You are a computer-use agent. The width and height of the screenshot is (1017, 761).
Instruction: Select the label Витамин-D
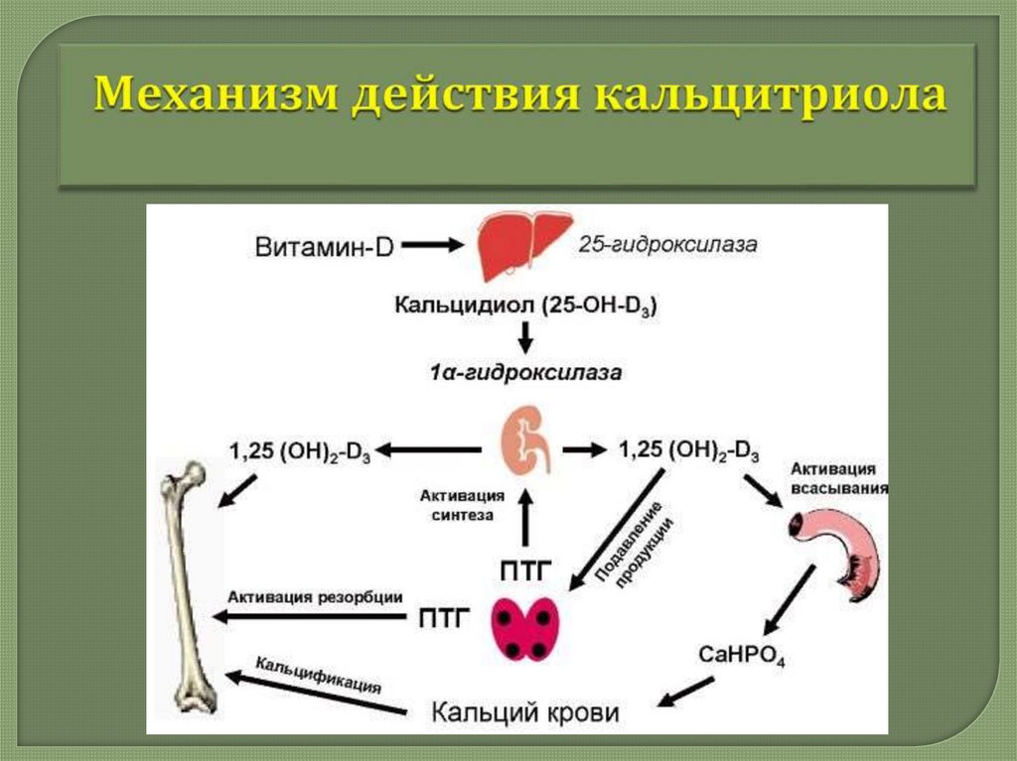(x=324, y=245)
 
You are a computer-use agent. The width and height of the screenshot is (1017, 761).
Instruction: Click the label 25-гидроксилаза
(x=667, y=244)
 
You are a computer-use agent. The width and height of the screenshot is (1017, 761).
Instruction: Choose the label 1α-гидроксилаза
(x=526, y=374)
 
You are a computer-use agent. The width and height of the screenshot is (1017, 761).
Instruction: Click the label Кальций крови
(x=525, y=712)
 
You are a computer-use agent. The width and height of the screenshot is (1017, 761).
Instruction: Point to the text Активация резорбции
(x=315, y=597)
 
